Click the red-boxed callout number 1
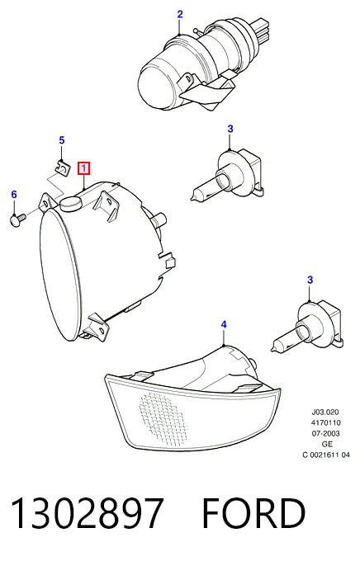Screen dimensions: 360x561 click(x=84, y=168)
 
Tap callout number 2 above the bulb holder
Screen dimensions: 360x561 click(x=180, y=14)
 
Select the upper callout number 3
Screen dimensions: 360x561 click(x=230, y=129)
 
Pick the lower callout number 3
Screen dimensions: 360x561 click(x=310, y=280)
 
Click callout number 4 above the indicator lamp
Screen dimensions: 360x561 click(x=224, y=325)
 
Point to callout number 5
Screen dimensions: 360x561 click(x=62, y=140)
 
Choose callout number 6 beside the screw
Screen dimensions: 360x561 click(x=14, y=195)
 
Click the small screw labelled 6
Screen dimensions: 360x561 click(x=17, y=219)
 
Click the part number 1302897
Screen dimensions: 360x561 click(x=88, y=513)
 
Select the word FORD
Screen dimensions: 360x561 click(x=254, y=513)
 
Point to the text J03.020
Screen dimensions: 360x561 click(x=324, y=412)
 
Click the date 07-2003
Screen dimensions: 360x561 click(x=325, y=434)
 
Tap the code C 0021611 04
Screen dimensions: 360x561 click(x=326, y=455)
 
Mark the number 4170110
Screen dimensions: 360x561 click(x=325, y=423)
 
